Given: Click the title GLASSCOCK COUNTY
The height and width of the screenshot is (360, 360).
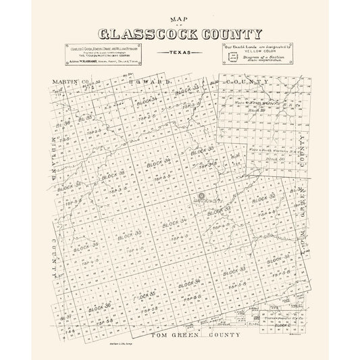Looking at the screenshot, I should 180,34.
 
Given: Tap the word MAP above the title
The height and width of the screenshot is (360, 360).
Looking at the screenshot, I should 179,20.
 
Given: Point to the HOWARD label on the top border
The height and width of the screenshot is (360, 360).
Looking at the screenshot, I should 146,82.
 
